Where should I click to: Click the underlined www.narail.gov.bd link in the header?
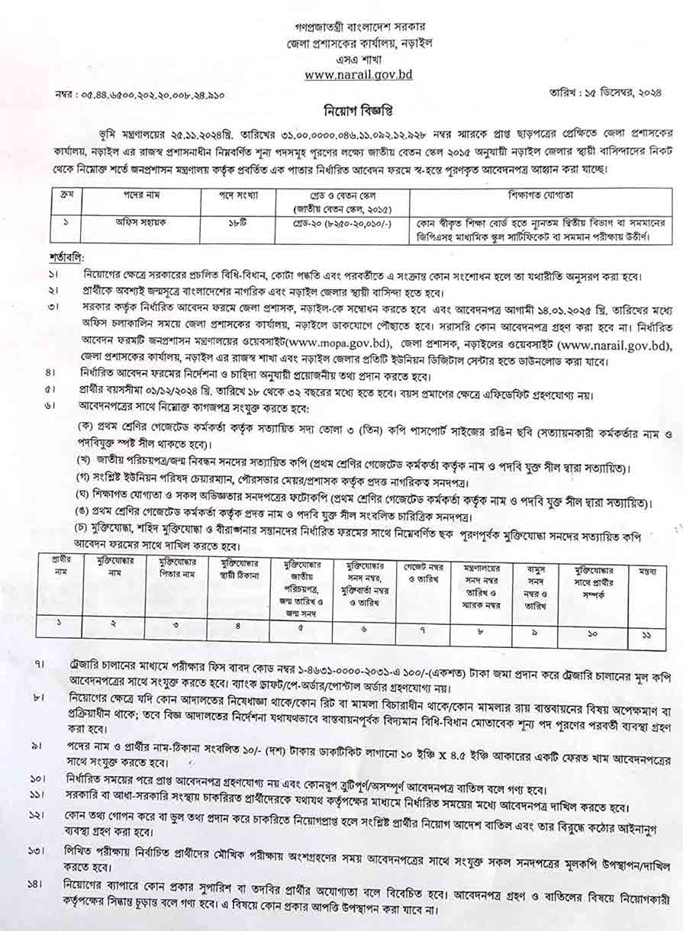[347, 75]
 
